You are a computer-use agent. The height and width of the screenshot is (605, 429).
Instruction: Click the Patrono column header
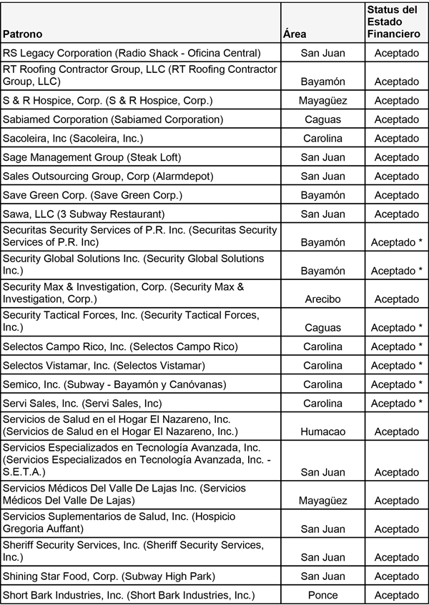coord(23,34)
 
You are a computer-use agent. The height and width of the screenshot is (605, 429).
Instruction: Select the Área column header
coord(296,34)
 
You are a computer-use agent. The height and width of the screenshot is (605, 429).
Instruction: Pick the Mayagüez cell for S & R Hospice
coord(322,101)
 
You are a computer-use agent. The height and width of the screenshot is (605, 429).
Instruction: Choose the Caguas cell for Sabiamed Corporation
coord(322,119)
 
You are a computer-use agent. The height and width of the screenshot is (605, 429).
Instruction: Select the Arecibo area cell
coord(322,299)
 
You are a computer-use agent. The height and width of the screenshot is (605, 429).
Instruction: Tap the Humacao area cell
coord(322,432)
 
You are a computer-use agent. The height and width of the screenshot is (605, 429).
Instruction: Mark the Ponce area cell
coord(322,595)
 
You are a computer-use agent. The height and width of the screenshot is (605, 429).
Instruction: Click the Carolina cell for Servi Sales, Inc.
coord(322,404)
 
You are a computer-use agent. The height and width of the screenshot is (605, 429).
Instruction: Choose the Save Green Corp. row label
coord(93,195)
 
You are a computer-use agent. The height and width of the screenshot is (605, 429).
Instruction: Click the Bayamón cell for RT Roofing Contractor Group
coord(322,81)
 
